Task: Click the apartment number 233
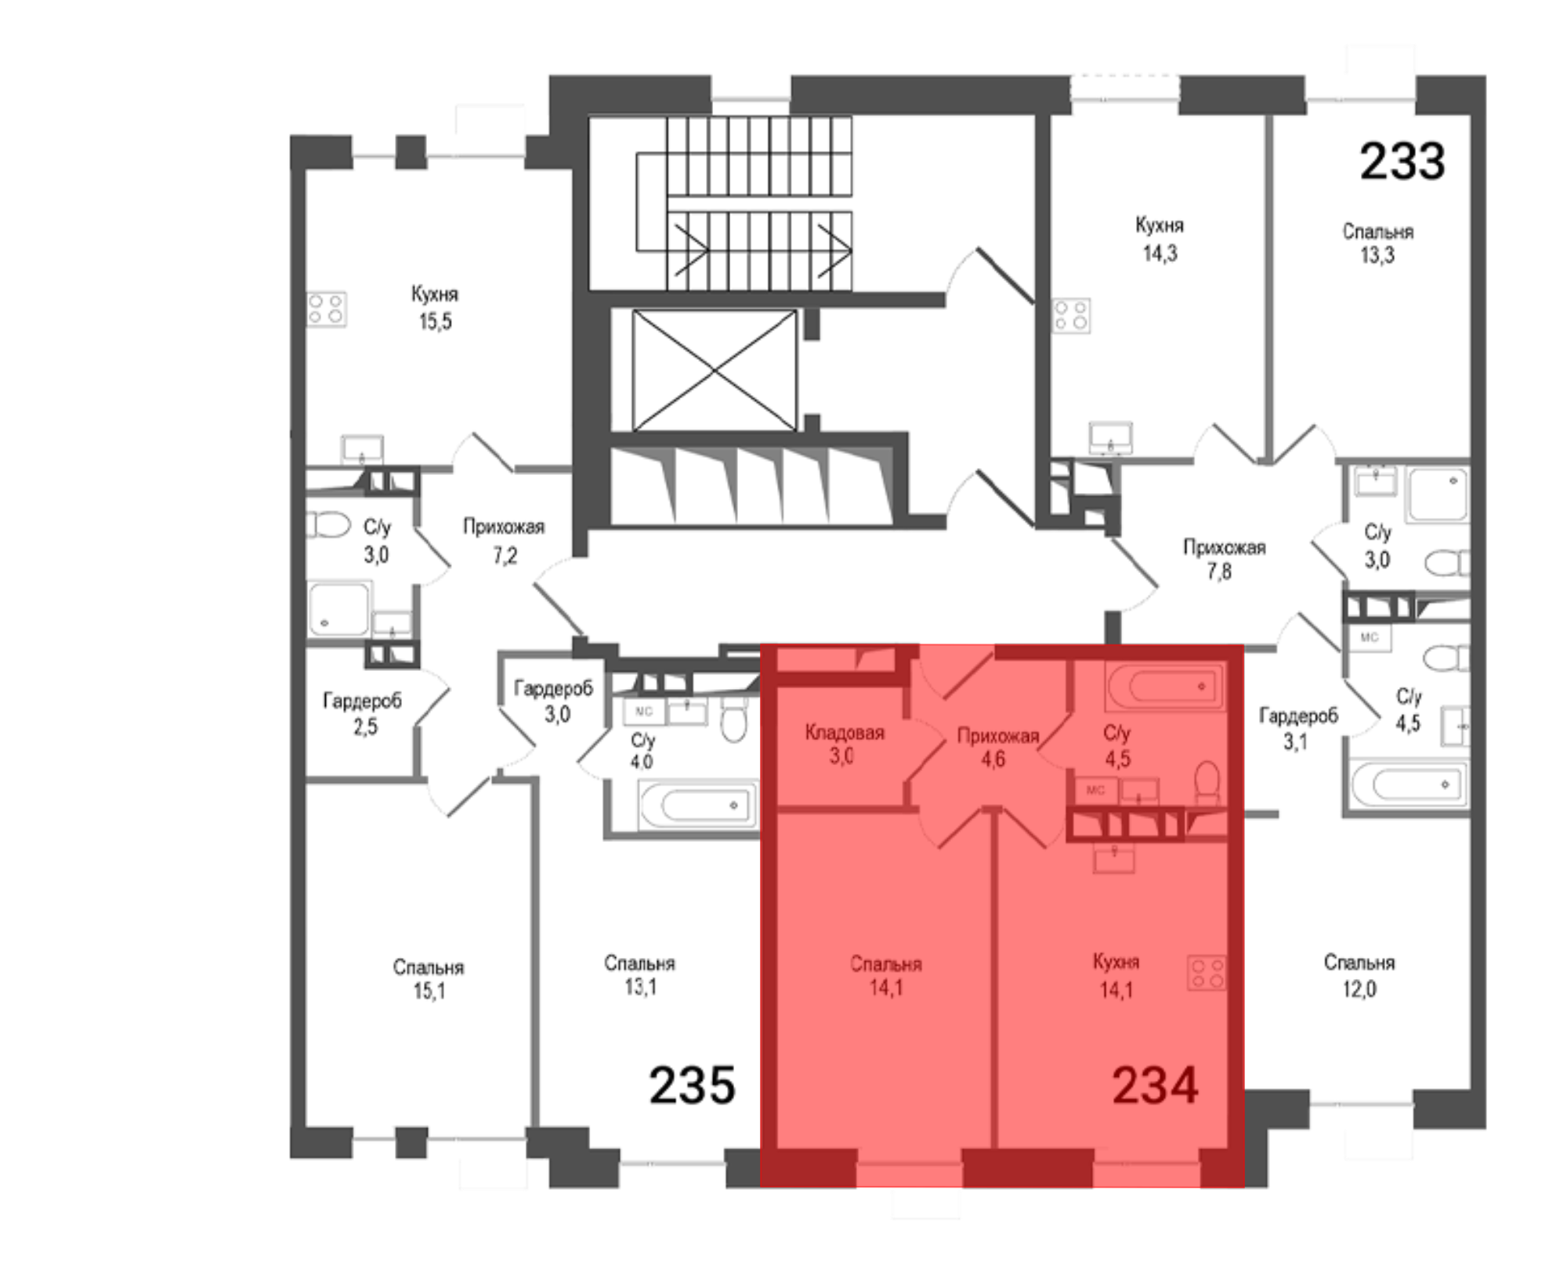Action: click(1402, 161)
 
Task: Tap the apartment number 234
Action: click(1155, 1086)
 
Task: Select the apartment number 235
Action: click(692, 1085)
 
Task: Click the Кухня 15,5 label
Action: click(435, 307)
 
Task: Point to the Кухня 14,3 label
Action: click(1160, 239)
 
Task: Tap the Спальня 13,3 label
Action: click(1377, 243)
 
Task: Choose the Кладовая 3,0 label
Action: click(844, 744)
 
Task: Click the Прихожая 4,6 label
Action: click(997, 747)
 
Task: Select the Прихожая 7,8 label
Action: click(1223, 559)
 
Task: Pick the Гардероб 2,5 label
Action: click(362, 713)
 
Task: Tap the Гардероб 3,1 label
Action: click(1298, 728)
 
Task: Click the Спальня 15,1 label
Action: click(429, 979)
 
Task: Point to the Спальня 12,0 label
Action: click(1359, 975)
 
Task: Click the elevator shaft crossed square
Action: click(714, 370)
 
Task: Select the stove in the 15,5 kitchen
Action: click(326, 309)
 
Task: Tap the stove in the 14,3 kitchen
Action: click(1070, 315)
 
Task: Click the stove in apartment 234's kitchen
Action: click(1207, 973)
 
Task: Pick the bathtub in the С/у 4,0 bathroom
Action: click(698, 805)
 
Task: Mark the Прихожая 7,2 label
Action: click(504, 540)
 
